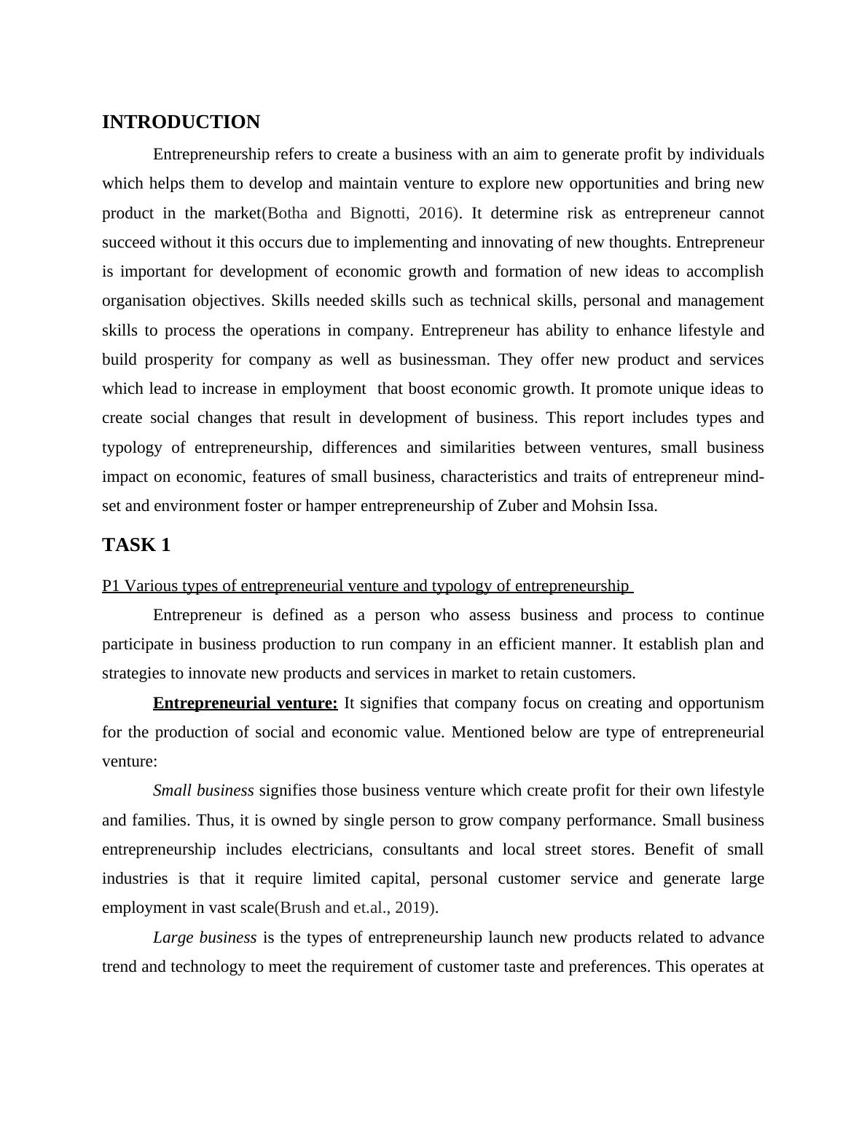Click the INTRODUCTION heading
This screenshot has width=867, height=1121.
181,122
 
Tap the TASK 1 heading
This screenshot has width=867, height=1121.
136,545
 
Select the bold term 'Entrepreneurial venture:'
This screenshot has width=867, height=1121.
246,703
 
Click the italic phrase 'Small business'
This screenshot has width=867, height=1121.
203,791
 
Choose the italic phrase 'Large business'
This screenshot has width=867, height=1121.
205,938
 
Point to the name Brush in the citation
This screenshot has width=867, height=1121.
299,908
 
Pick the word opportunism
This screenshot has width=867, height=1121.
718,703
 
